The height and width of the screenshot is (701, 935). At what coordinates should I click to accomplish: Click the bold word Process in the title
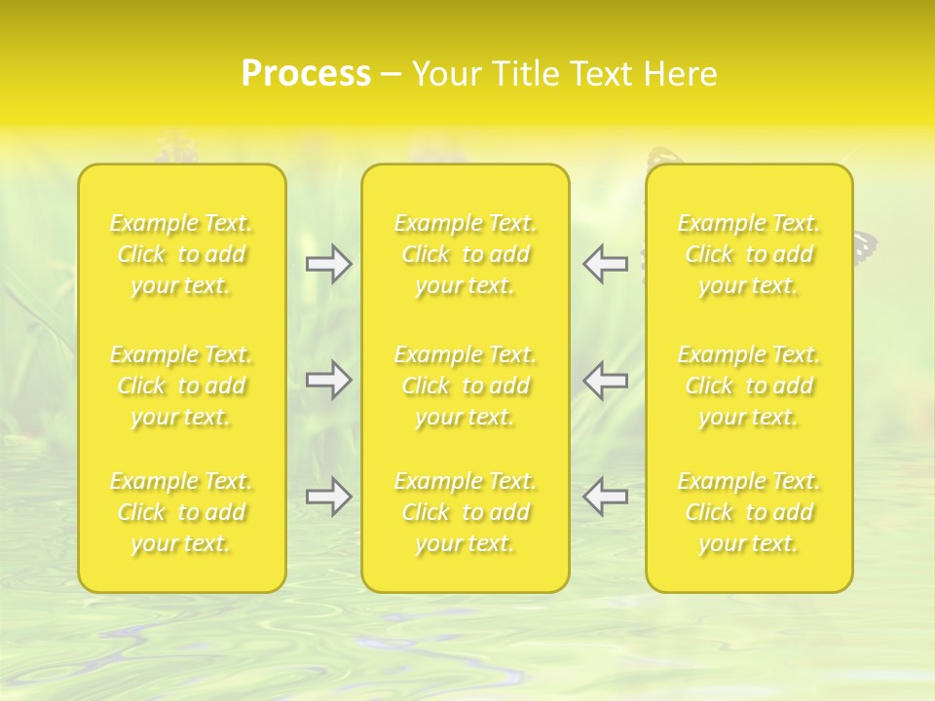pos(306,74)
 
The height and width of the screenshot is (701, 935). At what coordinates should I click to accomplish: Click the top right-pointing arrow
pos(329,264)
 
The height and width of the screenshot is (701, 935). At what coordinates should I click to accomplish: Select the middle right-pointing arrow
pos(329,380)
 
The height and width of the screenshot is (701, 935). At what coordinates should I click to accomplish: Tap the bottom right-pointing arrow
pos(329,497)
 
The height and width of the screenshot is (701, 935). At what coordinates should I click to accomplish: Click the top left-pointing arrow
pos(606,264)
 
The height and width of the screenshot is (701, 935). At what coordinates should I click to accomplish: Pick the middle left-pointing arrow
pos(606,380)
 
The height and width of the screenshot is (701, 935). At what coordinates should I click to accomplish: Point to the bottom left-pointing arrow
pos(606,497)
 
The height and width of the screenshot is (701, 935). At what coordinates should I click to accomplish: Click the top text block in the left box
pos(181,254)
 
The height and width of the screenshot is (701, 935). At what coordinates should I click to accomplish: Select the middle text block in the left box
pos(181,386)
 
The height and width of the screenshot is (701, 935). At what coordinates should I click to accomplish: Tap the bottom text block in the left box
pos(181,512)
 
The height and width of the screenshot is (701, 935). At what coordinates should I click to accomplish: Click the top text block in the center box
pos(466,254)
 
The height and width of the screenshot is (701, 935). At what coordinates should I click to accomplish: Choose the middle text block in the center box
pos(466,386)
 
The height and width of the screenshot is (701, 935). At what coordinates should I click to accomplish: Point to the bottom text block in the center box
pos(466,512)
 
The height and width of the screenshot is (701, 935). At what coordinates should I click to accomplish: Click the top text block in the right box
pos(749,254)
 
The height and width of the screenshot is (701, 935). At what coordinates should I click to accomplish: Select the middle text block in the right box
pos(749,386)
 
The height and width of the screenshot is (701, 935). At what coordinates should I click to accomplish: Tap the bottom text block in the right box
pos(749,512)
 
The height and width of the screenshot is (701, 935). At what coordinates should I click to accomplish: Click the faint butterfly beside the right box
pos(866,246)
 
